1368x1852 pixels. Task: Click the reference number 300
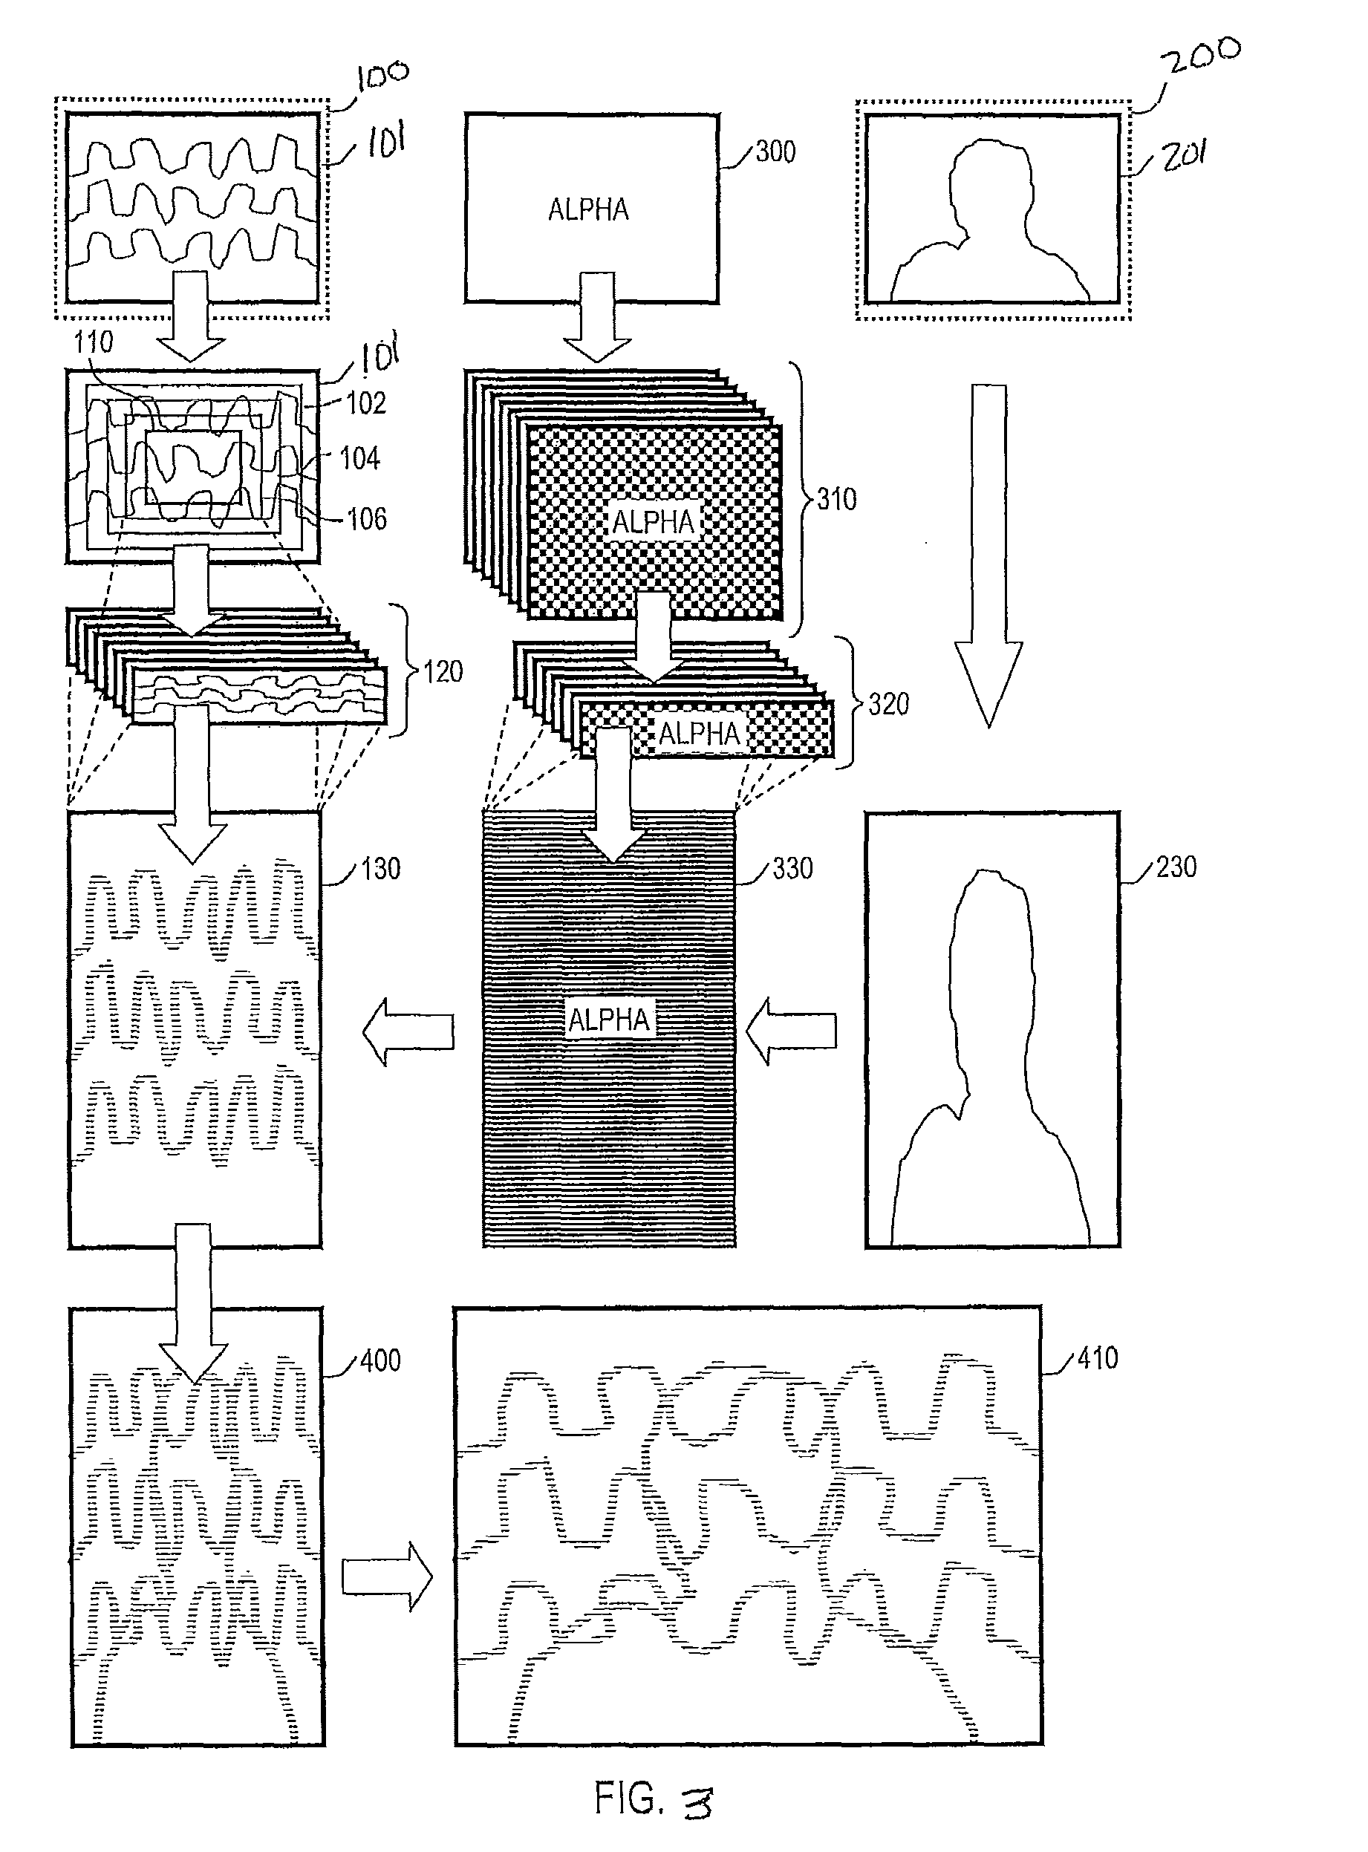(775, 152)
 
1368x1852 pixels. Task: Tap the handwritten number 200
(1201, 56)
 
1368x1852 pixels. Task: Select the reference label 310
(836, 499)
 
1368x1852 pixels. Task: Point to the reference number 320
(888, 704)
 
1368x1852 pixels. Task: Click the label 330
(792, 869)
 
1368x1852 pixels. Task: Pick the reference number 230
(1176, 867)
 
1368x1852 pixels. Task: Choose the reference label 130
(380, 869)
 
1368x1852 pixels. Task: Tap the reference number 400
(380, 1360)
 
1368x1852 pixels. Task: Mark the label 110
(93, 342)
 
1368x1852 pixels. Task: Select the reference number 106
(366, 519)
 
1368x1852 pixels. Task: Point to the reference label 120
(443, 671)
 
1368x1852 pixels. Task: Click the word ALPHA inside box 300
(589, 209)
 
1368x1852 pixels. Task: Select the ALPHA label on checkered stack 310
(654, 521)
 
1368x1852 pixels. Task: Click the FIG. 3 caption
(654, 1799)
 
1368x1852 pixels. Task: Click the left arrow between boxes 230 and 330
(791, 1030)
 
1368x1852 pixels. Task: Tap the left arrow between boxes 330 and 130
(408, 1031)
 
